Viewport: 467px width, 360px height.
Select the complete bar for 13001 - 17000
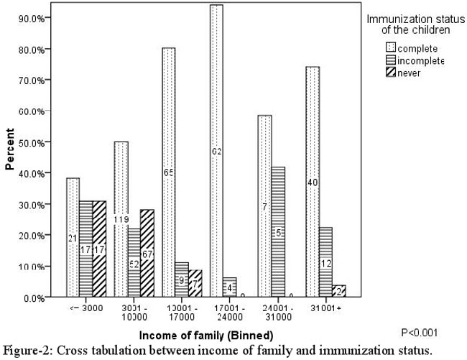pos(168,172)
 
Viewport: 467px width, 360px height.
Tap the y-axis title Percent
pos(10,149)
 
